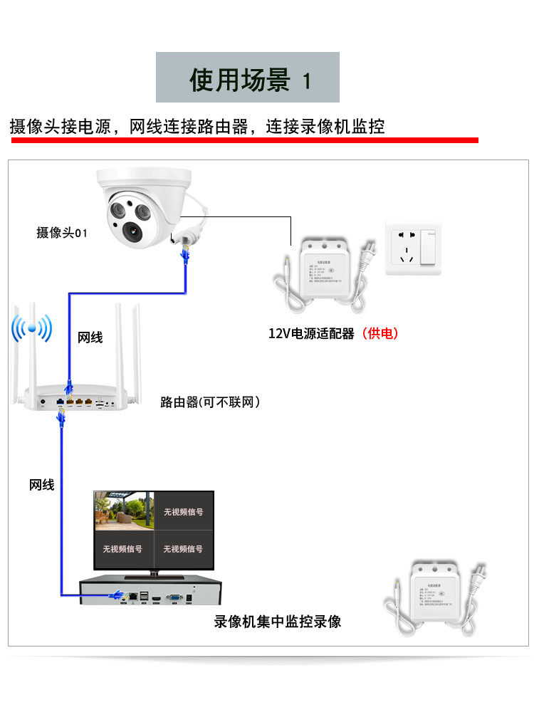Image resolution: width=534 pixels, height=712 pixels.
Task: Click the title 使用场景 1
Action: tap(248, 78)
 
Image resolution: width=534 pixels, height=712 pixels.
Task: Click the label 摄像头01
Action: tap(62, 232)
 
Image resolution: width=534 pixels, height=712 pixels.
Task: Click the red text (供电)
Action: tap(379, 333)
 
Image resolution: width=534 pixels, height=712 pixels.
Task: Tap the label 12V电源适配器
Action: tap(311, 333)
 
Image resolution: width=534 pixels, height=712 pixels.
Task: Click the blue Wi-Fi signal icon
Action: tap(32, 329)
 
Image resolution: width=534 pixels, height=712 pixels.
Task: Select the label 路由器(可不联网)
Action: tap(210, 402)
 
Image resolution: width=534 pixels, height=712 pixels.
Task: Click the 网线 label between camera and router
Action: tap(90, 337)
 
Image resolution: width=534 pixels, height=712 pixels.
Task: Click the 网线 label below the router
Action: tap(41, 485)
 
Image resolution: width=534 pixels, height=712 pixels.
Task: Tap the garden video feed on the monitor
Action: tap(123, 511)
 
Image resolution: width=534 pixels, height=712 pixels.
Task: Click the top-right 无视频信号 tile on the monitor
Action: tap(184, 511)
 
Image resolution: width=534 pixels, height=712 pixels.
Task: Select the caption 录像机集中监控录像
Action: tap(278, 622)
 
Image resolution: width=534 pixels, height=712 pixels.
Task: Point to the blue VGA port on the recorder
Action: tap(173, 596)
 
